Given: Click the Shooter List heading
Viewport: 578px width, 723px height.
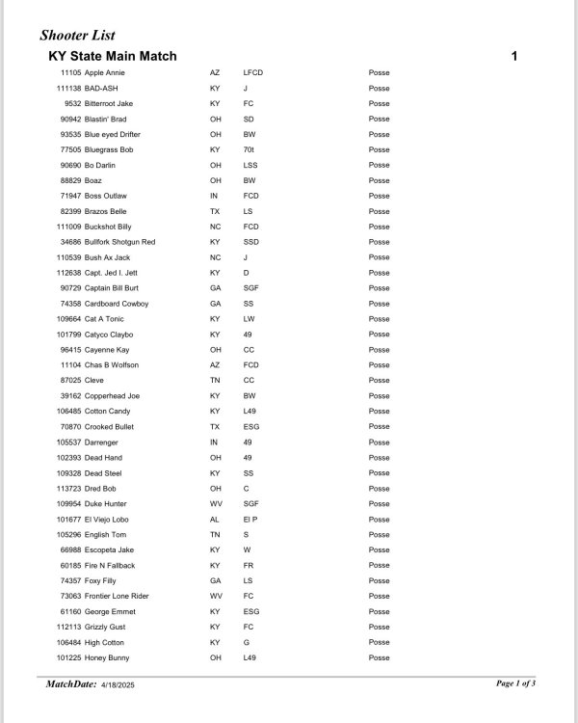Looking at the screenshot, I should [77, 36].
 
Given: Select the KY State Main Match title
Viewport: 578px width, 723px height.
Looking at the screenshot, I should [112, 56].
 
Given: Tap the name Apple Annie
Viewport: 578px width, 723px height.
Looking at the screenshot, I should [104, 72].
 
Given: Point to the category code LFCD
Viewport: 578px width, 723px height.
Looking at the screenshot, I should [253, 72].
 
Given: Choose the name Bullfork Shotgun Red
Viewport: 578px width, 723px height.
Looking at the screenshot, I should [119, 242].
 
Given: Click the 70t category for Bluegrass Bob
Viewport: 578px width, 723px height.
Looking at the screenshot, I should [249, 149].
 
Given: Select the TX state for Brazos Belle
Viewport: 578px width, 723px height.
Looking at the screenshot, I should [215, 211].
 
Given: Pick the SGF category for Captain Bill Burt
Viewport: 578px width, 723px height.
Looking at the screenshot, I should [250, 288].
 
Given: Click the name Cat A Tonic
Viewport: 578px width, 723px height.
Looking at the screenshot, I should [104, 319].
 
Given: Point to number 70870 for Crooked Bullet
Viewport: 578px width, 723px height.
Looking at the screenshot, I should [70, 427].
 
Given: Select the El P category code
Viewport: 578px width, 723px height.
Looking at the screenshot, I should [250, 520].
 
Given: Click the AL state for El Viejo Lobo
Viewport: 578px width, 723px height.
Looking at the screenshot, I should [215, 520].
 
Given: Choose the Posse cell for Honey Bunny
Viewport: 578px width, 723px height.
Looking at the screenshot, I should [379, 657].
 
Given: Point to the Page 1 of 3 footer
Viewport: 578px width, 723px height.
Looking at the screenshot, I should [515, 683].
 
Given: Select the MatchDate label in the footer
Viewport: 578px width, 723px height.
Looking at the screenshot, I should [71, 684].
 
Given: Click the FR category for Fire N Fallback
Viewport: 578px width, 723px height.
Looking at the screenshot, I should [249, 566].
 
